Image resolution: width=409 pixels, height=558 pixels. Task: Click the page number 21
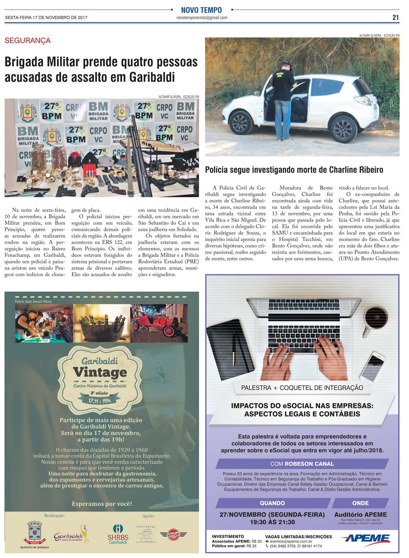tap(395, 17)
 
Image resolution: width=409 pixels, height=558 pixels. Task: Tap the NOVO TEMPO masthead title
tap(201, 10)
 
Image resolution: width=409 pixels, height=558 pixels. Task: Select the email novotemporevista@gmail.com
tap(201, 18)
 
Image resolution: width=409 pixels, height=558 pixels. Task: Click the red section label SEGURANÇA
tap(27, 41)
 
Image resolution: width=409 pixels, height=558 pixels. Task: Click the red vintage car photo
tap(159, 324)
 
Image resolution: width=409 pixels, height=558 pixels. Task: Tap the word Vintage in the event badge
tap(100, 372)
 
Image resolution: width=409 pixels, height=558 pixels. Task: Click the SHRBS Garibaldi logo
tap(118, 534)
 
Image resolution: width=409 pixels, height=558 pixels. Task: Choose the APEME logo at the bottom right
tap(365, 538)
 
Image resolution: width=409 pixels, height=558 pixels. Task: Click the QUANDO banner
tap(272, 503)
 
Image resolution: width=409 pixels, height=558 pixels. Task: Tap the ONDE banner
tap(360, 503)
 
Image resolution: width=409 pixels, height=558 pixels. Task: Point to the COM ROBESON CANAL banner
tap(302, 464)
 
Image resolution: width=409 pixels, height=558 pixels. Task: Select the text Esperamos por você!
tap(102, 504)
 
